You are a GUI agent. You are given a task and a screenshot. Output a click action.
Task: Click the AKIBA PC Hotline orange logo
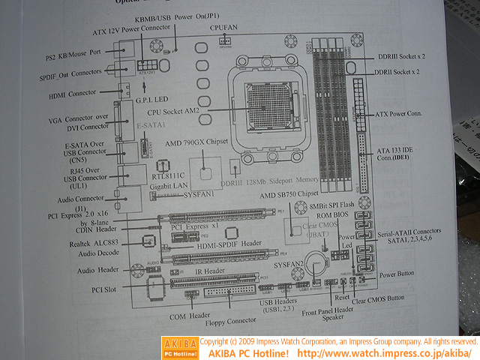point(180,346)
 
